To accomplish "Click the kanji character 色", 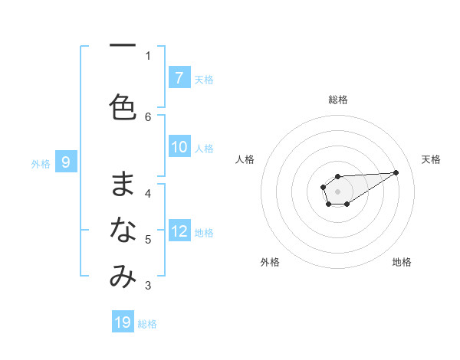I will (x=123, y=107).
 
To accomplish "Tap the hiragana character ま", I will (x=123, y=185).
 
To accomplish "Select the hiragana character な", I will (x=123, y=230).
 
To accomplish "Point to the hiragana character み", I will (x=123, y=277).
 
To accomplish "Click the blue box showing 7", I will (x=179, y=78).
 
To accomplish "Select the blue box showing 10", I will (x=179, y=148).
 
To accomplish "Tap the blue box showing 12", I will (x=179, y=231).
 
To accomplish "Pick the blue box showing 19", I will (x=123, y=322).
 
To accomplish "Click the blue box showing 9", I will (x=66, y=162).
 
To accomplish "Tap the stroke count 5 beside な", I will (x=148, y=240).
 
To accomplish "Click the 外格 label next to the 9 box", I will (x=40, y=163).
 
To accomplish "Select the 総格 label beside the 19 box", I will (x=147, y=324).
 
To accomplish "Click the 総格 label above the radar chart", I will (x=337, y=100).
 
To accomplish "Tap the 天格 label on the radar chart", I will (x=431, y=159).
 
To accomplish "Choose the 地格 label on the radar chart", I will (x=402, y=262).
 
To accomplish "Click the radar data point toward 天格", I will (x=396, y=172).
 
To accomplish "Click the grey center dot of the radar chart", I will (x=337, y=191).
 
